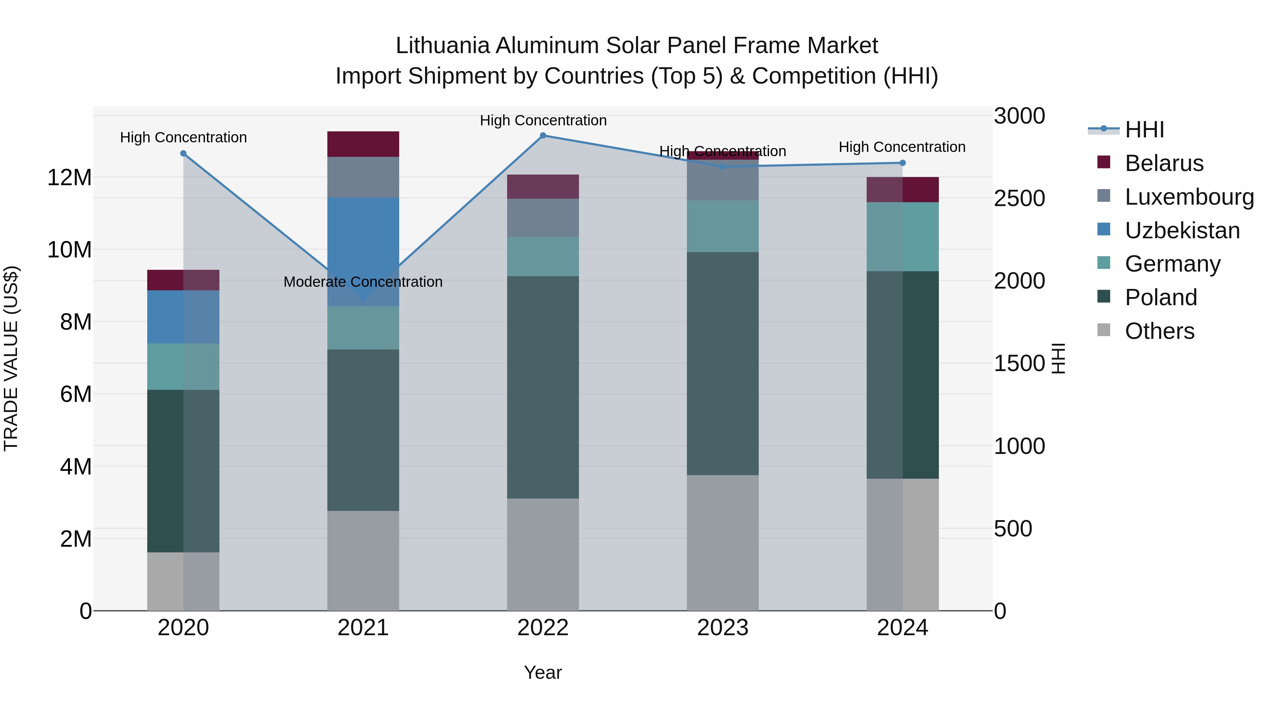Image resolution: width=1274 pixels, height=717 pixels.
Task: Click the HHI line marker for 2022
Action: [x=543, y=136]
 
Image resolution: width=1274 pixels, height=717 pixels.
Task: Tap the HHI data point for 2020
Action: [x=183, y=153]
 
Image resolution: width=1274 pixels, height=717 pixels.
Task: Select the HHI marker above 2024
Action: [x=902, y=163]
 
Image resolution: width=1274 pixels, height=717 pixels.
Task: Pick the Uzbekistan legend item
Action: [x=1182, y=231]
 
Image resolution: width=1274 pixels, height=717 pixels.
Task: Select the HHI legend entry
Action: [x=1144, y=130]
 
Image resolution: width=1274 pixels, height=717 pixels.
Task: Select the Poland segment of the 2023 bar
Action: [x=723, y=364]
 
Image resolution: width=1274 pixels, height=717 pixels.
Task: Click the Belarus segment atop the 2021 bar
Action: [x=363, y=144]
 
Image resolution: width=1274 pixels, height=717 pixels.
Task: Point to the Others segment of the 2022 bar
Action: [x=543, y=554]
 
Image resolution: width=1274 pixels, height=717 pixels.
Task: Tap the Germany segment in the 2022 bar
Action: [x=543, y=256]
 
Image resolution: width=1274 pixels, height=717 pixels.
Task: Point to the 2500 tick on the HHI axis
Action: [x=1019, y=198]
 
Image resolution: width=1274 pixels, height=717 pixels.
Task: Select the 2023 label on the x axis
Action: [x=723, y=628]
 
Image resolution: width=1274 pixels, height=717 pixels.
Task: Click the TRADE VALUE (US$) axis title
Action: [x=11, y=358]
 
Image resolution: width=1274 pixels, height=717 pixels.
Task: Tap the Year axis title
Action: [x=543, y=672]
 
